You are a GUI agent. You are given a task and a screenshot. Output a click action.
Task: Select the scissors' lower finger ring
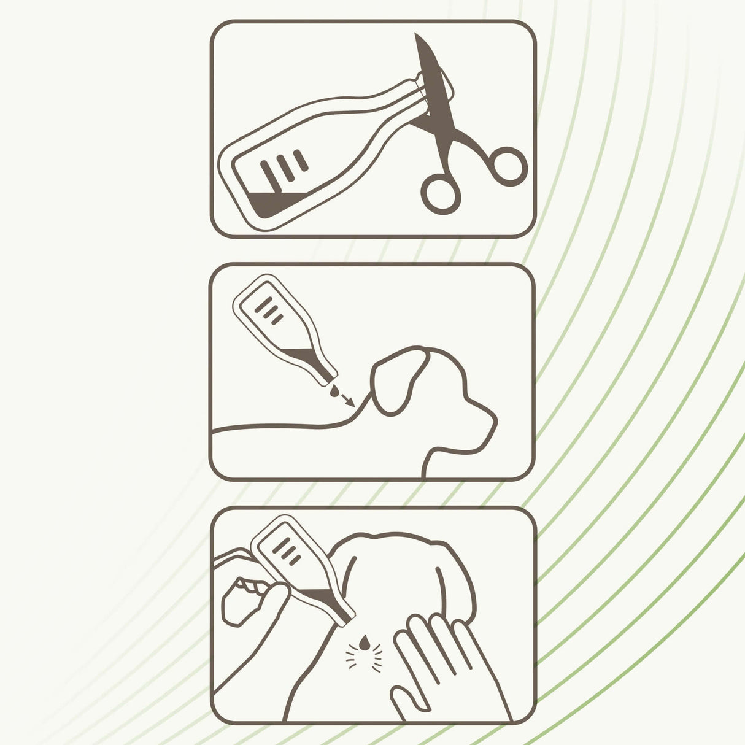441,193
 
